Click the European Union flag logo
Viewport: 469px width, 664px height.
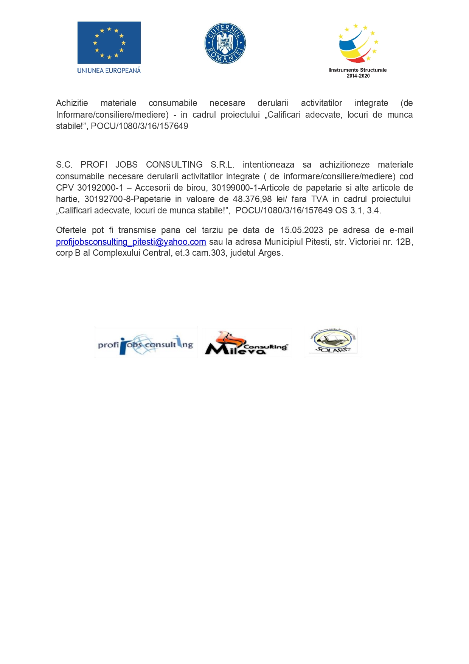click(x=109, y=43)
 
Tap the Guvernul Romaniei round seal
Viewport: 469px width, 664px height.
click(x=225, y=43)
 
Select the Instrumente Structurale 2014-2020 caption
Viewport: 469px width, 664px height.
click(x=358, y=73)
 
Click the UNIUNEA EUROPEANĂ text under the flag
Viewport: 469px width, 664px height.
click(x=109, y=70)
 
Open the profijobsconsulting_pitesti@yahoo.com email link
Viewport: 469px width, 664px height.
click(x=131, y=242)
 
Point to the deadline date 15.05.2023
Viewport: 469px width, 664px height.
click(x=301, y=230)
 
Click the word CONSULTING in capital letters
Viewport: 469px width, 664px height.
click(x=174, y=165)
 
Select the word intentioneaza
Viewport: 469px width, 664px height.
click(x=269, y=165)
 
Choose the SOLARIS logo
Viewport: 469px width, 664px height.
click(x=333, y=342)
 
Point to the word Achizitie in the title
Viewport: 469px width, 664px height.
click(x=72, y=103)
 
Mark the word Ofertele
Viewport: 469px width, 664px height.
click(x=71, y=230)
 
